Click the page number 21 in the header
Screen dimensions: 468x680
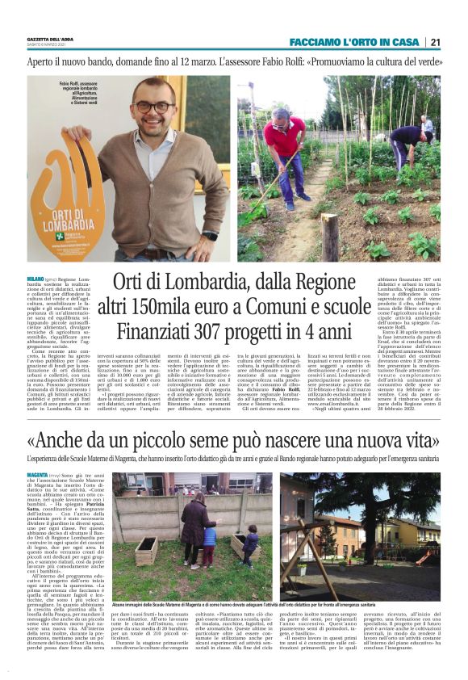435,42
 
